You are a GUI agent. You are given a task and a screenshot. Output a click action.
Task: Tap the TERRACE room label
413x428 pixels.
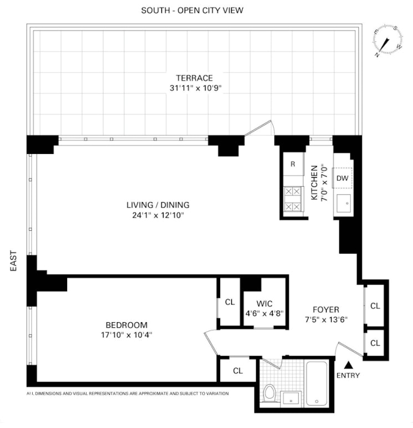[194, 78]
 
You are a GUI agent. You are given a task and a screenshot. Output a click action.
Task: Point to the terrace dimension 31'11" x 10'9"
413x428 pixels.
[194, 87]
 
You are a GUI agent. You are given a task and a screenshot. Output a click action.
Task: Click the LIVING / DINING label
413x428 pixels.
[154, 205]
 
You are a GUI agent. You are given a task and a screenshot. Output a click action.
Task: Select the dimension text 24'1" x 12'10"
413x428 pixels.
[154, 215]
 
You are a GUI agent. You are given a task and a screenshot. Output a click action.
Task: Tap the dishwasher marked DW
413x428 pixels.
[342, 178]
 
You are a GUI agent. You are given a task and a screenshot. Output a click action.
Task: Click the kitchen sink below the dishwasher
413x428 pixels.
[343, 204]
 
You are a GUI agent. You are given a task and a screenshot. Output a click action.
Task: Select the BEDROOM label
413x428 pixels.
[127, 325]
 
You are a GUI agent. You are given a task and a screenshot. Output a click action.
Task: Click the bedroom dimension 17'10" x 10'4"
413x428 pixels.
[127, 334]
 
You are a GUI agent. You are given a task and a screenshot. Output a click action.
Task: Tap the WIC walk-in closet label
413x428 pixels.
[264, 303]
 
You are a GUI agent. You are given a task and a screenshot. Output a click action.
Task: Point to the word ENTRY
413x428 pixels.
[348, 375]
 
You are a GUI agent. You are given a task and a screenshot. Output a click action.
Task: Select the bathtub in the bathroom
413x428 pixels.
[318, 384]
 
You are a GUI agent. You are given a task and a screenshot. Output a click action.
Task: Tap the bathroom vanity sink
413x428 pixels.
[292, 398]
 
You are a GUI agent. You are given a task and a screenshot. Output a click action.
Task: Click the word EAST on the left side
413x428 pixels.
[14, 261]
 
